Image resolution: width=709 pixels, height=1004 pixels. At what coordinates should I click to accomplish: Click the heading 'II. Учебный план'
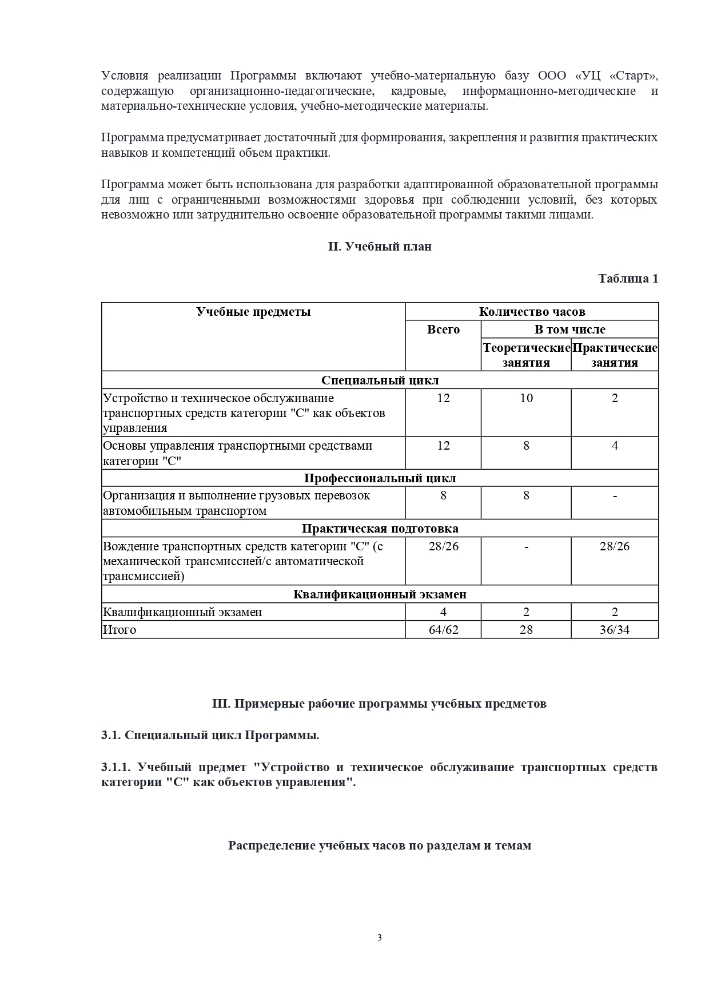[x=380, y=247]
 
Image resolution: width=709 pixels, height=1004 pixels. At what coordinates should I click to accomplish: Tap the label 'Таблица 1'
[x=628, y=278]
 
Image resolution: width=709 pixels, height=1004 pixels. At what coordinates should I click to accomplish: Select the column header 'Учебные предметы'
[x=253, y=312]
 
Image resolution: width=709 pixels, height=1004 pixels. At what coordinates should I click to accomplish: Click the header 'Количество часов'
[x=532, y=312]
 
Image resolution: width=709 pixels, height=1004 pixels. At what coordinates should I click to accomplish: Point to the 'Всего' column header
[x=443, y=330]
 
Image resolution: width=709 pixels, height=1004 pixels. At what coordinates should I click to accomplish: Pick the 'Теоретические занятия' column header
[x=526, y=355]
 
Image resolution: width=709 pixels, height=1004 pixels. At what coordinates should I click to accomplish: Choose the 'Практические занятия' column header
[x=615, y=355]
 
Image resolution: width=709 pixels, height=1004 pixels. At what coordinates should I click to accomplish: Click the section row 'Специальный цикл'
[x=380, y=380]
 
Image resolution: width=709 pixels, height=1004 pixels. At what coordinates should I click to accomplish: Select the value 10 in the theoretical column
[x=526, y=398]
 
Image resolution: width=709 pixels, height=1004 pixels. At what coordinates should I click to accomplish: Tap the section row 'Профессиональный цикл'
[x=380, y=478]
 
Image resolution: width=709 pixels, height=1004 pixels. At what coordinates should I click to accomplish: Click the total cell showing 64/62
[x=443, y=630]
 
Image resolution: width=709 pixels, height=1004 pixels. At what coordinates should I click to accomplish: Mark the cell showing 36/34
[x=615, y=630]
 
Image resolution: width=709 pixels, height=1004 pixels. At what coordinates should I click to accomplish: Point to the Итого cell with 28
[x=526, y=630]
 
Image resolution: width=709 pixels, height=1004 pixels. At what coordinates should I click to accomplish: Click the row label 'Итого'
[x=120, y=630]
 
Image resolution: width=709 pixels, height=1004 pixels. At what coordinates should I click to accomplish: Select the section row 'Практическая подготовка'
[x=380, y=529]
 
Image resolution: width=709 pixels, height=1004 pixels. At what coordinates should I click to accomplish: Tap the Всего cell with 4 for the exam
[x=443, y=612]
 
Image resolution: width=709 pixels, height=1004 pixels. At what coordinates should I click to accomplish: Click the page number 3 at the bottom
[x=380, y=938]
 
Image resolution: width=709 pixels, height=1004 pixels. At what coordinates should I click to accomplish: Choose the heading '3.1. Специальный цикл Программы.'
[x=210, y=735]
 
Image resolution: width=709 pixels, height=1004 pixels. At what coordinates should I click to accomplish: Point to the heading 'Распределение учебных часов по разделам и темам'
[x=380, y=846]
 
